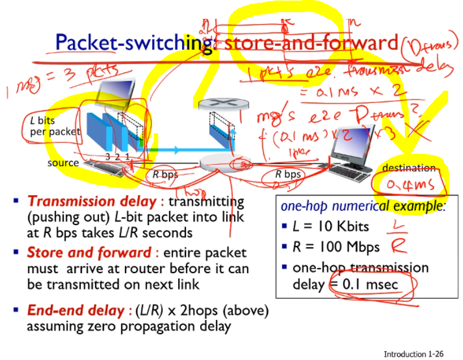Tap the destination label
click(x=409, y=168)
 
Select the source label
click(x=63, y=163)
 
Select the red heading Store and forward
click(x=89, y=253)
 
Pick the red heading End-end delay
click(x=77, y=311)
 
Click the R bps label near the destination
click(x=289, y=174)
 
